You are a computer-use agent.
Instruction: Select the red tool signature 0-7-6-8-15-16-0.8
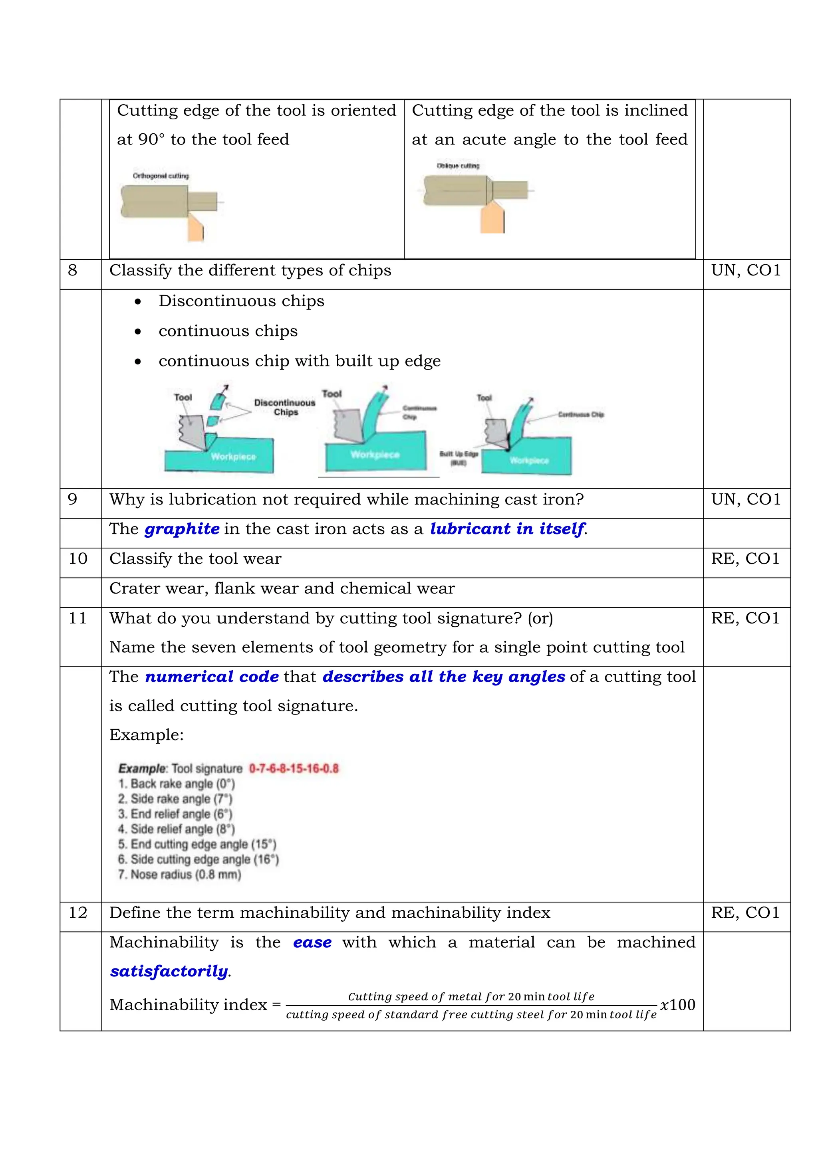pyautogui.click(x=294, y=768)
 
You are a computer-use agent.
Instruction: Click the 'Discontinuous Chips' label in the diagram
pyautogui.click(x=285, y=407)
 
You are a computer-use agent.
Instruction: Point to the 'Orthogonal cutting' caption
pyautogui.click(x=161, y=176)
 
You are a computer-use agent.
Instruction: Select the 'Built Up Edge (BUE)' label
pyautogui.click(x=459, y=458)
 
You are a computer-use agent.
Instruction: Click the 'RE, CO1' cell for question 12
pyautogui.click(x=745, y=913)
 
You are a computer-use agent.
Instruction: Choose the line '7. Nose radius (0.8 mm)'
pyautogui.click(x=180, y=874)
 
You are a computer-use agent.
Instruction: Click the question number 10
pyautogui.click(x=78, y=558)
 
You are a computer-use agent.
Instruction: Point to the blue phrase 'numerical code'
pyautogui.click(x=212, y=676)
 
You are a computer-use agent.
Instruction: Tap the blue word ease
pyautogui.click(x=312, y=942)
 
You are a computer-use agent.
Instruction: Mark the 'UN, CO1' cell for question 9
pyautogui.click(x=745, y=499)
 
